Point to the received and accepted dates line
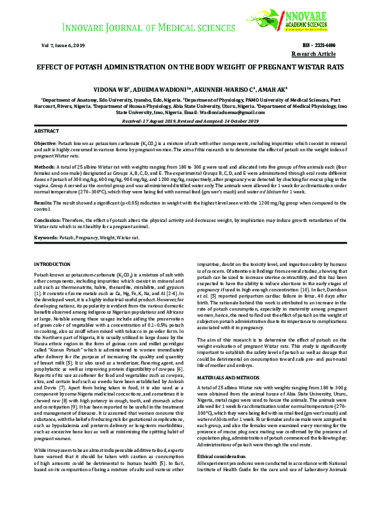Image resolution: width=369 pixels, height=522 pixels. tap(184, 122)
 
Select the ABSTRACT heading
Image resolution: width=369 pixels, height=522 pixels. tap(47, 132)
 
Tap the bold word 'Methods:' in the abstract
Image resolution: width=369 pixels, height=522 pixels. tap(45, 167)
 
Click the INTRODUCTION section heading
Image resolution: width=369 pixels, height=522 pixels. tap(53, 265)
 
